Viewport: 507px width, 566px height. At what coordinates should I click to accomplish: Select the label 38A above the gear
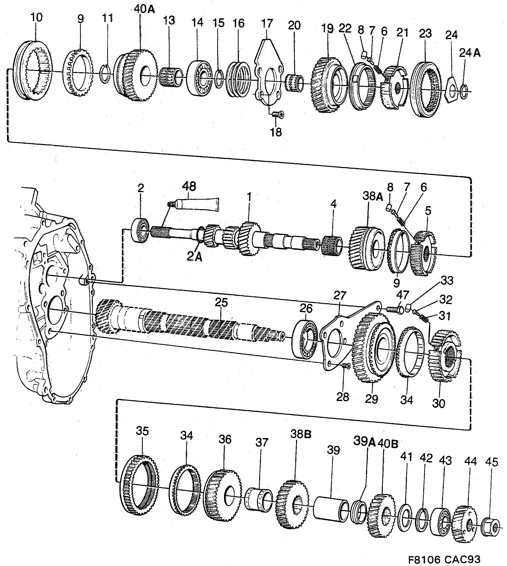pos(373,196)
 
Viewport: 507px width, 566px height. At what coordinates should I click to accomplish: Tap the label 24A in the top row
pos(470,53)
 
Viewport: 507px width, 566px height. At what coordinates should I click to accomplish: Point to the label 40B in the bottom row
pos(388,444)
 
